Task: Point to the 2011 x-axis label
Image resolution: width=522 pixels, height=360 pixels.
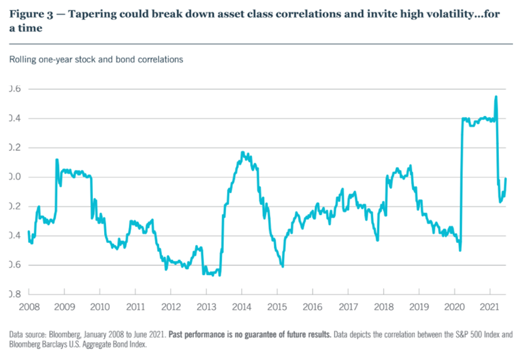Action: (x=135, y=307)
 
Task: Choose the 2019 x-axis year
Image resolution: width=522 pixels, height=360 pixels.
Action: (x=419, y=307)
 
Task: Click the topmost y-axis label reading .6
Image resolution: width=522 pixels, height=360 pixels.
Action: (x=15, y=89)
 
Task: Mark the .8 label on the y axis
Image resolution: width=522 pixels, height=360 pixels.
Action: (x=15, y=294)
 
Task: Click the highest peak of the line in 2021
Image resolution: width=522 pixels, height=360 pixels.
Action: (x=495, y=96)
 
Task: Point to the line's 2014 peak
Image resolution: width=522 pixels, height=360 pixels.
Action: (x=242, y=153)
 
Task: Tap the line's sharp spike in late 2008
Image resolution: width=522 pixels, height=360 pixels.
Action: (x=57, y=159)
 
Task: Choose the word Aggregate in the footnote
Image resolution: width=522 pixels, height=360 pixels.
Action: (x=101, y=344)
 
